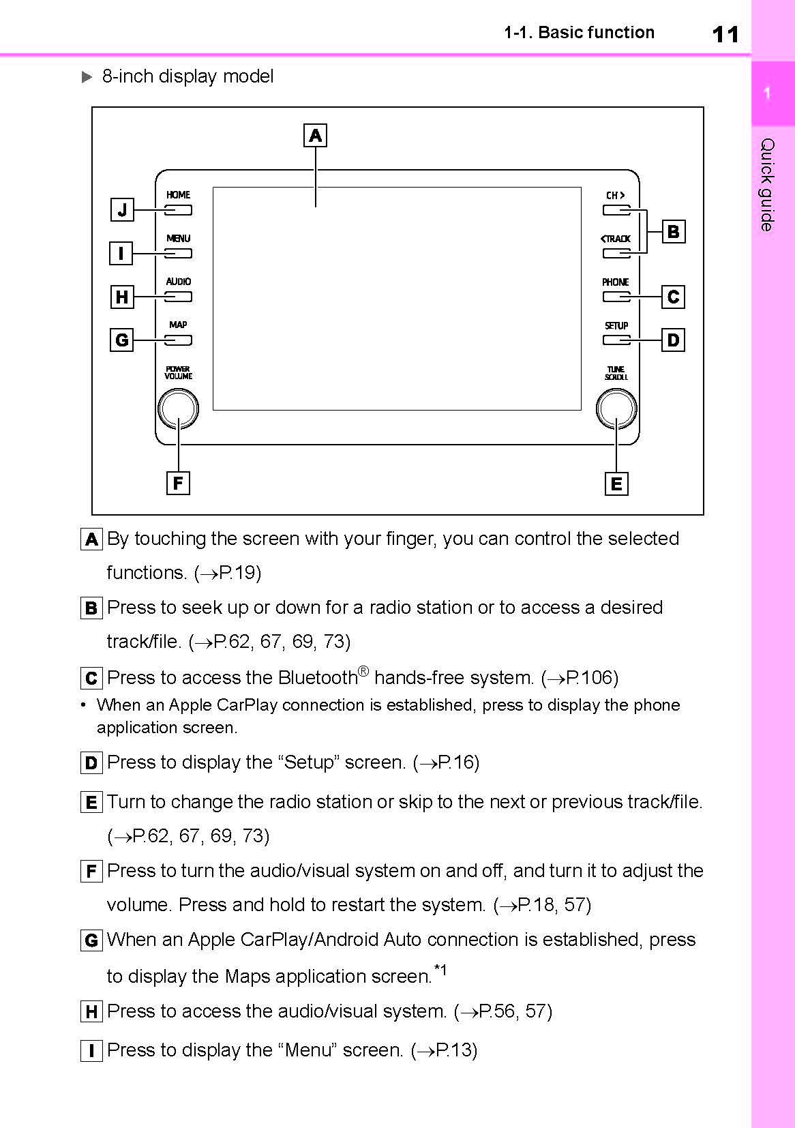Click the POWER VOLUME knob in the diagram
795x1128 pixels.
point(178,409)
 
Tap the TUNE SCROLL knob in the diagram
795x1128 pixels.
point(616,409)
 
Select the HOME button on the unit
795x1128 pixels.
point(178,210)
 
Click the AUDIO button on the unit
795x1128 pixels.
point(178,297)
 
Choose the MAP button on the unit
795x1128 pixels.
point(178,340)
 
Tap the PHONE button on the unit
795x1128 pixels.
point(616,297)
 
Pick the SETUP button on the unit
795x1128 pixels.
point(616,340)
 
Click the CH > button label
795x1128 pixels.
point(615,195)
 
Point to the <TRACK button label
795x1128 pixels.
point(615,239)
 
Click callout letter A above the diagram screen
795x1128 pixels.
point(315,136)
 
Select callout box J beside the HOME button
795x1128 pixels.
point(122,209)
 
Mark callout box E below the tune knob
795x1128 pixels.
point(616,484)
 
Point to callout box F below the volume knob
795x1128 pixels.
point(178,483)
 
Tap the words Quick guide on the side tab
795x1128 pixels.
point(768,184)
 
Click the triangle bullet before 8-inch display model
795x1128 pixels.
point(87,77)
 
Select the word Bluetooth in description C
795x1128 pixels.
point(317,678)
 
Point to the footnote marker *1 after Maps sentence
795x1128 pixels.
point(440,970)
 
